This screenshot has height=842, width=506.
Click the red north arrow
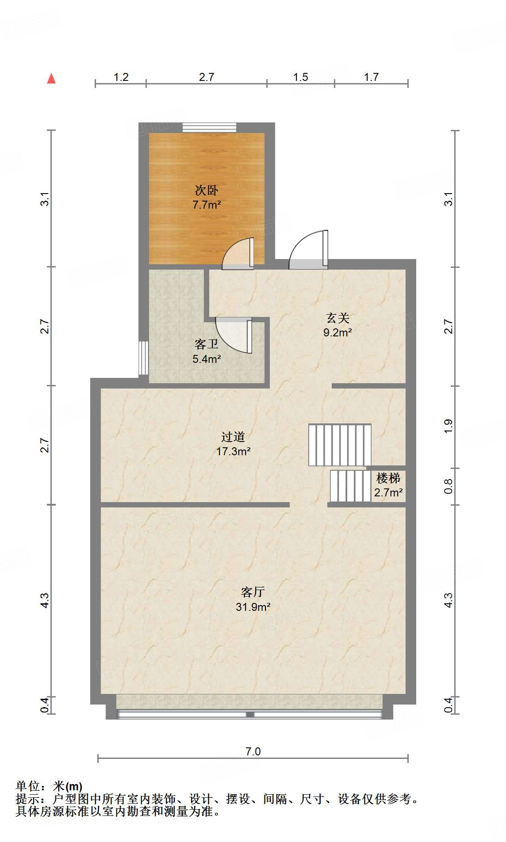click(x=51, y=79)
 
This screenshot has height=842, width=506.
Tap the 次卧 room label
click(x=207, y=190)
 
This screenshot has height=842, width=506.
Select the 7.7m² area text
click(x=207, y=205)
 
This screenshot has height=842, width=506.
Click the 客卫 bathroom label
click(x=207, y=344)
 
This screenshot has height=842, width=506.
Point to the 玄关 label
click(x=338, y=318)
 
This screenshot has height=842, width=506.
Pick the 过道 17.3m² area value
click(x=233, y=451)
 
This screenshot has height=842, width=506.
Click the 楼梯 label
click(x=388, y=478)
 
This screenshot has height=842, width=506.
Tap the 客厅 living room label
click(x=253, y=592)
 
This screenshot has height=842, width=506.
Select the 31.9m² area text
click(x=253, y=607)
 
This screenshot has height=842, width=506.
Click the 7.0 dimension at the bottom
click(x=253, y=751)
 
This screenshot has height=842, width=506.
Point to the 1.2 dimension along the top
click(x=121, y=77)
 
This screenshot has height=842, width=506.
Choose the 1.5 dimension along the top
click(x=300, y=77)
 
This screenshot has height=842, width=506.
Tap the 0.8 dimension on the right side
click(x=448, y=486)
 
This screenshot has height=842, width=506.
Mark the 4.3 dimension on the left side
click(x=45, y=600)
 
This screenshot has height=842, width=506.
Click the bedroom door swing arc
click(x=237, y=254)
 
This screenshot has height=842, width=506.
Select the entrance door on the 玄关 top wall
click(x=308, y=251)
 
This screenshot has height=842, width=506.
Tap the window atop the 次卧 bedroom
click(x=209, y=127)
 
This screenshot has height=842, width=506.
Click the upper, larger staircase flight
click(x=340, y=445)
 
